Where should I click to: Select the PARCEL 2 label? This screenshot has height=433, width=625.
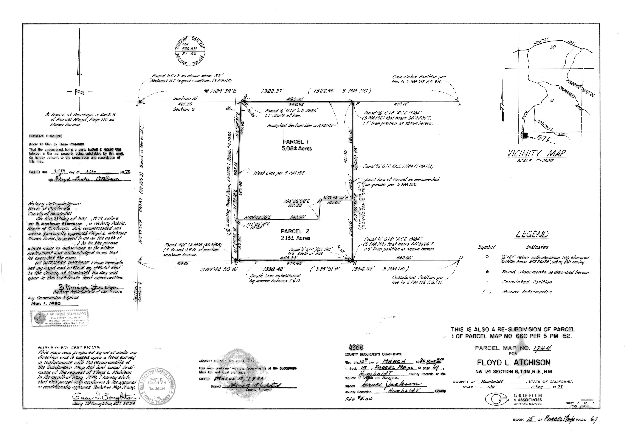tap(295, 231)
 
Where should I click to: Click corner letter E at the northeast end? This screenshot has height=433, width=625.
tap(460, 105)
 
